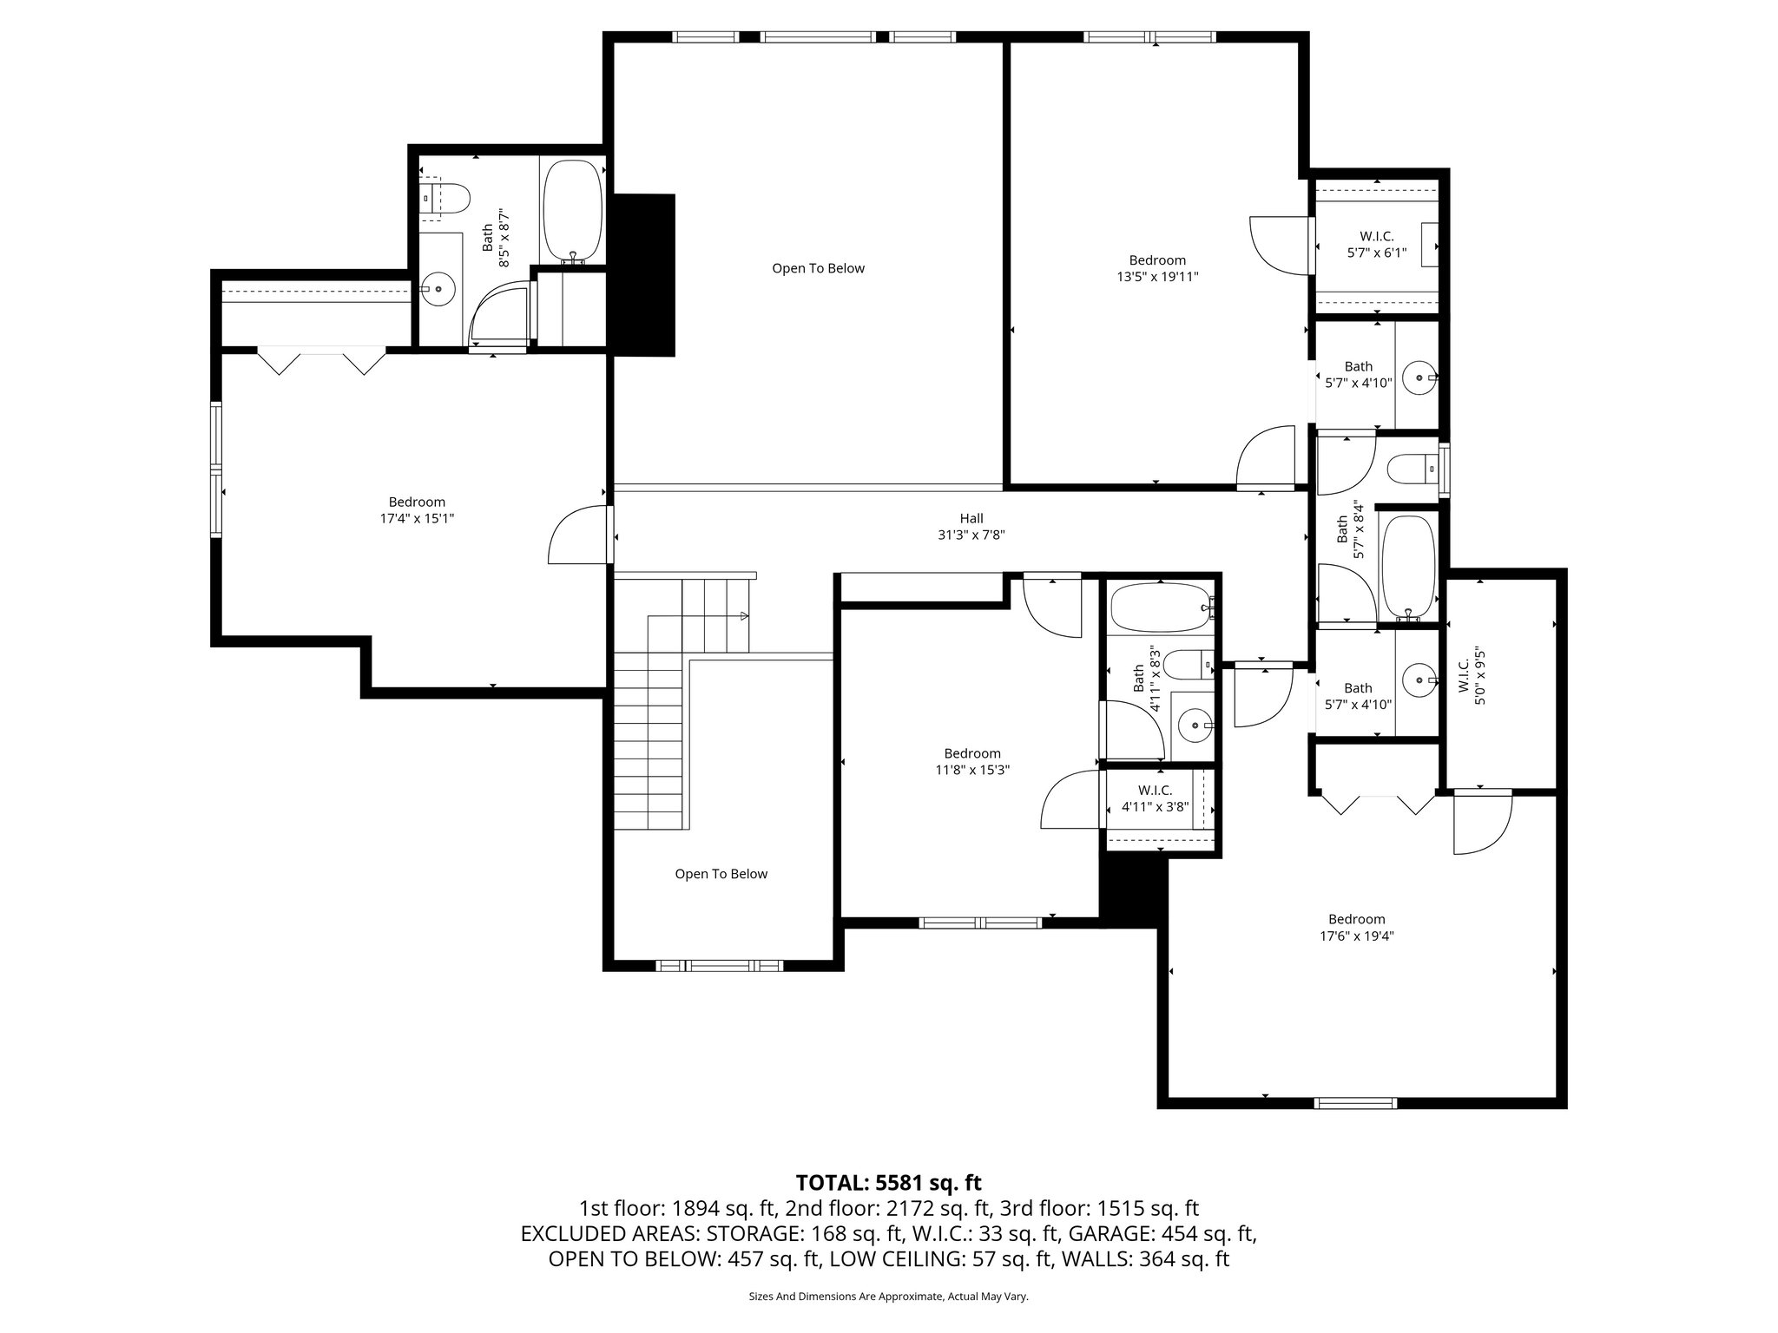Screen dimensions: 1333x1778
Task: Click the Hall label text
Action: tap(971, 519)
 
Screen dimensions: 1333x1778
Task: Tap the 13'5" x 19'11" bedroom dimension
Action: tap(1157, 277)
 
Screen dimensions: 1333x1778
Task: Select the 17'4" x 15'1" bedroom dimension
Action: tap(417, 518)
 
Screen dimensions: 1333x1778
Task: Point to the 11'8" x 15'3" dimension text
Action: tap(972, 770)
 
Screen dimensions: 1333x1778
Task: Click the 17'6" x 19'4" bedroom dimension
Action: tap(1356, 936)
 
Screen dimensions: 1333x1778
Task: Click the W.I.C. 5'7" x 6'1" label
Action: tap(1376, 245)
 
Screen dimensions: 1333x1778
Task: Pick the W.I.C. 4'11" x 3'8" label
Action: tap(1155, 798)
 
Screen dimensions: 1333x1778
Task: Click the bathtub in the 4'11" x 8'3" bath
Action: tap(1160, 607)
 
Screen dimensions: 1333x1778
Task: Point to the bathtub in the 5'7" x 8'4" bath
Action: tap(1408, 566)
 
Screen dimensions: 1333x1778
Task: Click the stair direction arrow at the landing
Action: tap(743, 616)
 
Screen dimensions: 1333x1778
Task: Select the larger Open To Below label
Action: tap(818, 268)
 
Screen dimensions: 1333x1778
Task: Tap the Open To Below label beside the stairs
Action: tap(721, 874)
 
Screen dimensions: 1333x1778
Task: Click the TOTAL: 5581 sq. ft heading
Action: tap(888, 1182)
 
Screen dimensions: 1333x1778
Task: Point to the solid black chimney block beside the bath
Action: tap(642, 273)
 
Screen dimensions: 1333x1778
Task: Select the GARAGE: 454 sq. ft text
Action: tap(1162, 1233)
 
